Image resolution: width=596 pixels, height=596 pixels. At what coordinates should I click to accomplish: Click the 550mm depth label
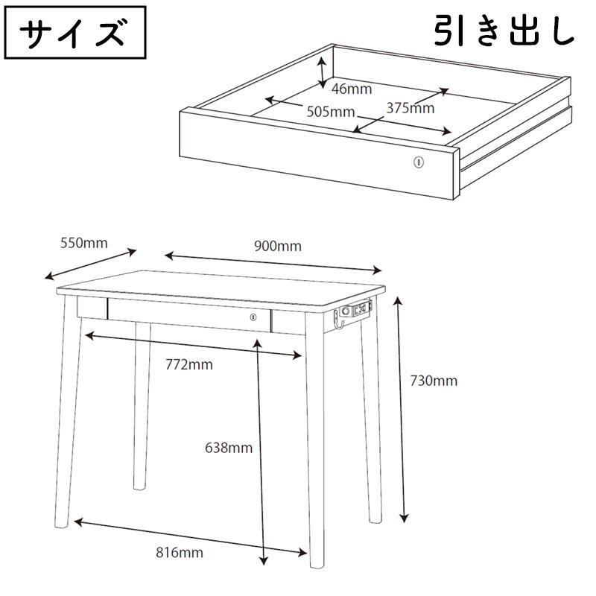click(84, 244)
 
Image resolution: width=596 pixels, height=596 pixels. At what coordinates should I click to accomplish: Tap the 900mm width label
click(278, 247)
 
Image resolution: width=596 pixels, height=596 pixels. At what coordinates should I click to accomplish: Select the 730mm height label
click(434, 381)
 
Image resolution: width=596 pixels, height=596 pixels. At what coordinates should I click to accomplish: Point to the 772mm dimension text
click(189, 365)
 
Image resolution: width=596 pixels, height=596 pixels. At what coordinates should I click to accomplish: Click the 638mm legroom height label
click(229, 448)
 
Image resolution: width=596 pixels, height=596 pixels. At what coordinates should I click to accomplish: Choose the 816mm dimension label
click(180, 553)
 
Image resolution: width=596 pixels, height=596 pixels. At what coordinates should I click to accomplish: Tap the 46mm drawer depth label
click(352, 89)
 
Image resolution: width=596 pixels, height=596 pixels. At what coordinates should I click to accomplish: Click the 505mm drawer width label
click(331, 112)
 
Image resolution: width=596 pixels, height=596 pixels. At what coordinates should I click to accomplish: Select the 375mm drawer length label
click(410, 108)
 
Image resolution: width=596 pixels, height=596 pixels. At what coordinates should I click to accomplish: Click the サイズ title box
click(75, 32)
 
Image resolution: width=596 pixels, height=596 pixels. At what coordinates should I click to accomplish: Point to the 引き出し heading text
click(504, 30)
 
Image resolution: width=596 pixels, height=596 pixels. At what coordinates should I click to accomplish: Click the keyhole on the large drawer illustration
click(419, 162)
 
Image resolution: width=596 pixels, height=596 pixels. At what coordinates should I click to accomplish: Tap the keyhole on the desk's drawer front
click(253, 317)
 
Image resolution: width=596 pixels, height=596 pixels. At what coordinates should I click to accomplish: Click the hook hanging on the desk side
click(338, 320)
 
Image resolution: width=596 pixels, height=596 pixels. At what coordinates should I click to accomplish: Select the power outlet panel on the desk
click(358, 310)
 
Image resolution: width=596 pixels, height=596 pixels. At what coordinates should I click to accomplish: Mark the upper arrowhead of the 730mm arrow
click(398, 301)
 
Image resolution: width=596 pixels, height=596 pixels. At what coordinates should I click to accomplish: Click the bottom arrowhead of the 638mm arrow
click(263, 560)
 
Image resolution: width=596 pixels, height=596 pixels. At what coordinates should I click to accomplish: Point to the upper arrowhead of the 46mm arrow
click(323, 61)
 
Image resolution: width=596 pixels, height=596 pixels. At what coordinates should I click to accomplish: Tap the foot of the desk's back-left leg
click(139, 486)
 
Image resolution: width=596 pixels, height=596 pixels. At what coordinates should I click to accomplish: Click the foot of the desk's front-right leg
click(317, 565)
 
